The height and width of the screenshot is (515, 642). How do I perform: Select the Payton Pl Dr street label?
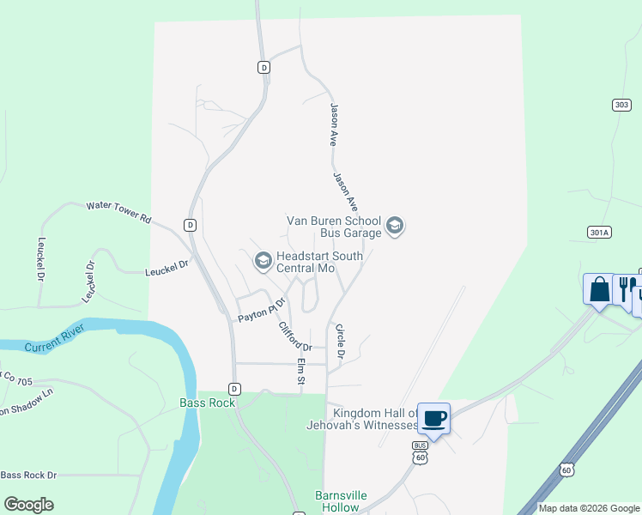pyautogui.click(x=261, y=312)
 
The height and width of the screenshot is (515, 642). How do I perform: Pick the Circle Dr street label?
pyautogui.click(x=340, y=341)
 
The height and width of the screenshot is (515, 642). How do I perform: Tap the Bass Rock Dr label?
pyautogui.click(x=28, y=475)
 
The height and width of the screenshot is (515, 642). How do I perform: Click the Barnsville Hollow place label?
pyautogui.click(x=337, y=501)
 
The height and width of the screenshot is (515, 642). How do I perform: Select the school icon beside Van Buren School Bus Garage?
pyautogui.click(x=395, y=226)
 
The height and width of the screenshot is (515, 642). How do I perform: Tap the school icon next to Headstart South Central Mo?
pyautogui.click(x=263, y=260)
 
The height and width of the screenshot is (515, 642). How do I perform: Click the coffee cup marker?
pyautogui.click(x=433, y=419)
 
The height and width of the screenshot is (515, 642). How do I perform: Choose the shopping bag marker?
pyautogui.click(x=599, y=289)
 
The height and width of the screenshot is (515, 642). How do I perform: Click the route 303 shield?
pyautogui.click(x=621, y=105)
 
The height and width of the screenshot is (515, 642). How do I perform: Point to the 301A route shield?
pyautogui.click(x=599, y=232)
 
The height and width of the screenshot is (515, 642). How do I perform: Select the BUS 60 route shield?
pyautogui.click(x=420, y=451)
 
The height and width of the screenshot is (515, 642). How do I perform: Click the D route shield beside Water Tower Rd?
pyautogui.click(x=190, y=225)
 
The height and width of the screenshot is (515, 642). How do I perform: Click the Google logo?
pyautogui.click(x=28, y=505)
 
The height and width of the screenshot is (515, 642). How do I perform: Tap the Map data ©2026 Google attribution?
pyautogui.click(x=589, y=508)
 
